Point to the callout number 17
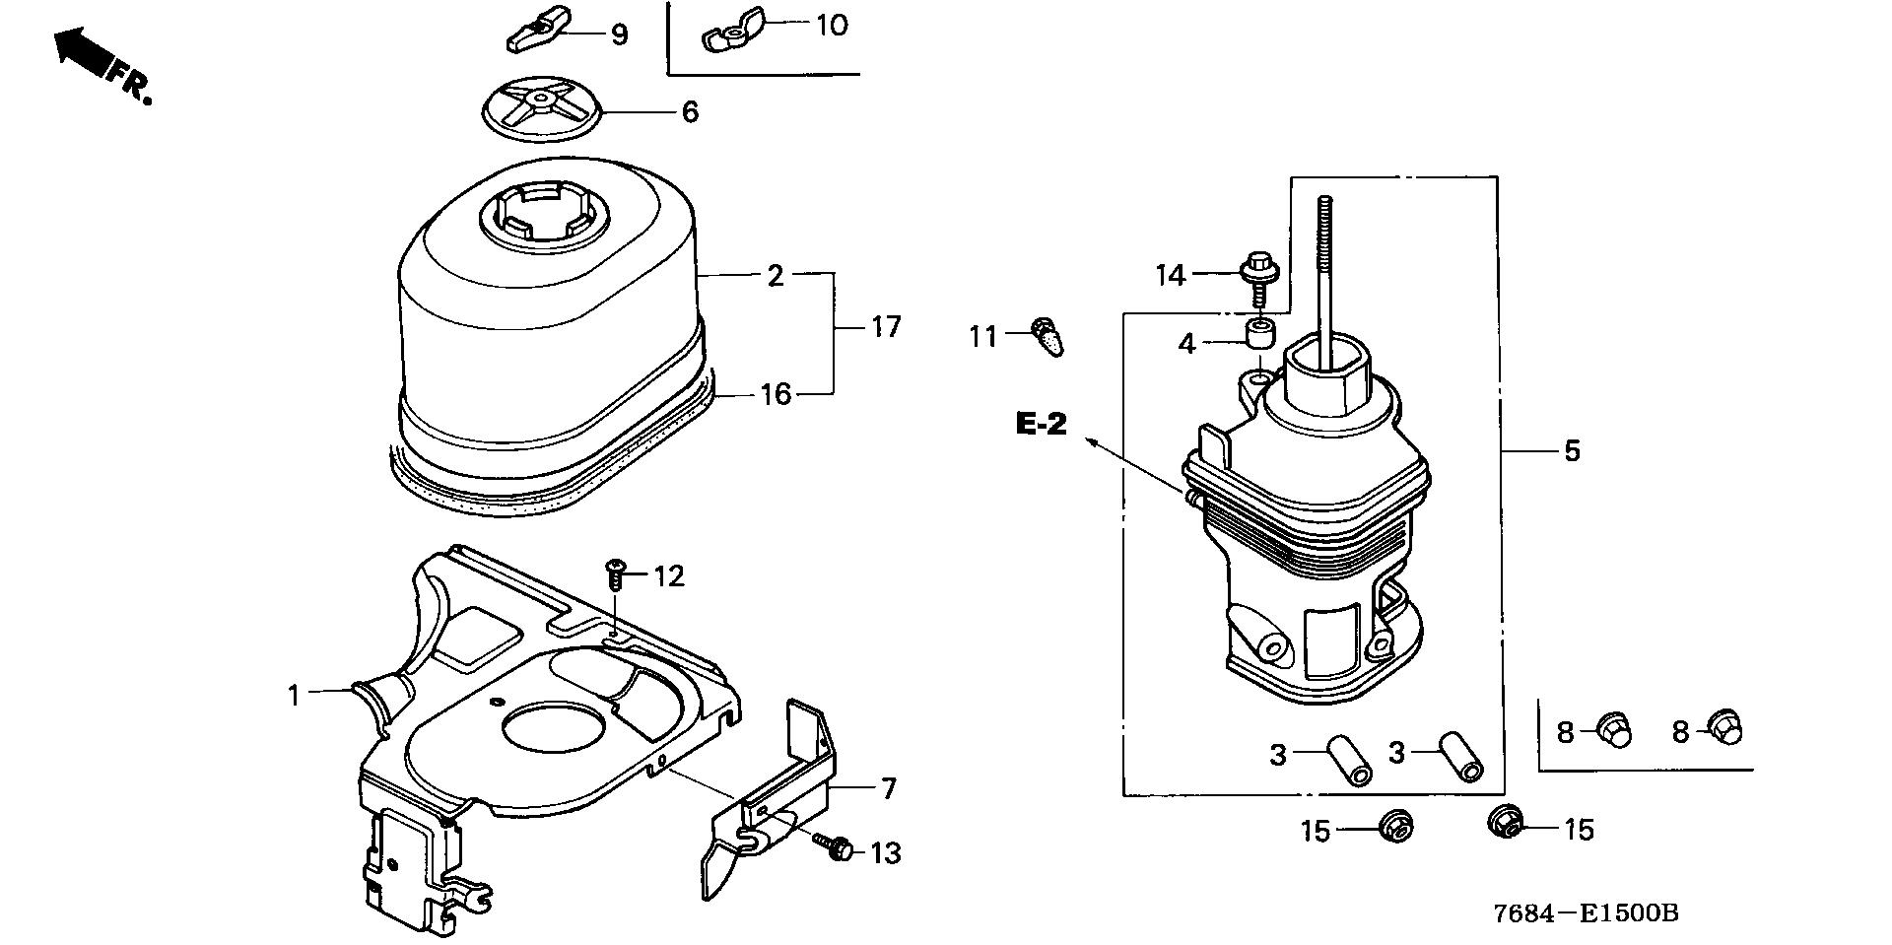coord(886,326)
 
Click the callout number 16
coord(776,394)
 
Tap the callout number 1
coord(293,695)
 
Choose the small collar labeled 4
coord(1255,333)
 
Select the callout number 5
coord(1572,450)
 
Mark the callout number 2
coord(776,276)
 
